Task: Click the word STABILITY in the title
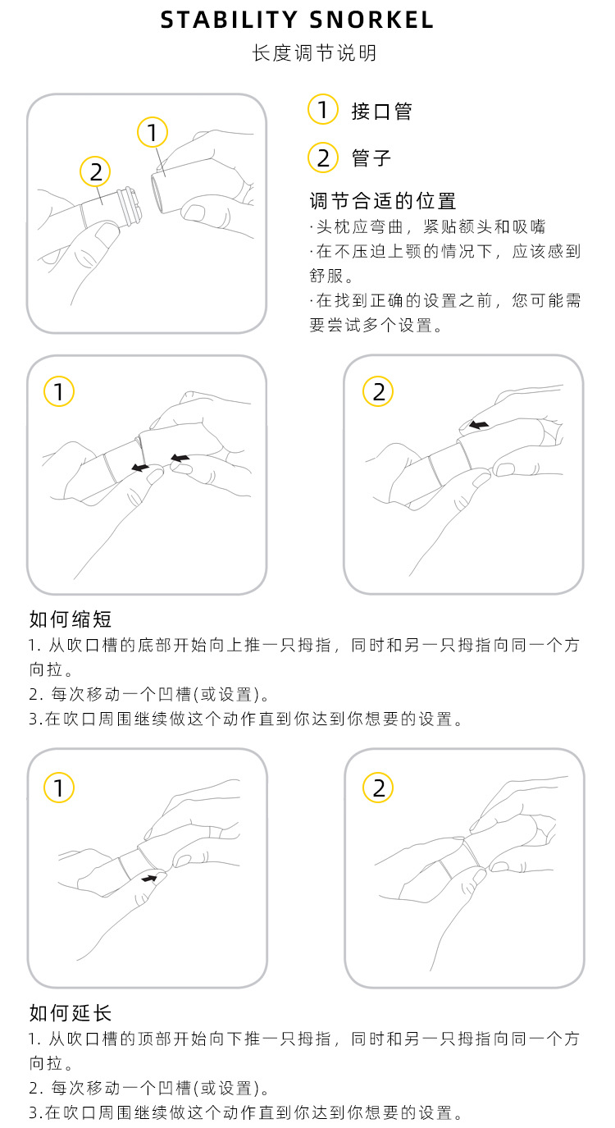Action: pyautogui.click(x=229, y=20)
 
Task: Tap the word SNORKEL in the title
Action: pyautogui.click(x=371, y=20)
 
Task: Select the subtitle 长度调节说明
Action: pyautogui.click(x=315, y=53)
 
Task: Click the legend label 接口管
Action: pyautogui.click(x=381, y=112)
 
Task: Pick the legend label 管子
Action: pyautogui.click(x=371, y=158)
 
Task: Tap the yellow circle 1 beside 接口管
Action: pyautogui.click(x=322, y=109)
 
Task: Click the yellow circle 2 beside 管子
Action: pyautogui.click(x=322, y=158)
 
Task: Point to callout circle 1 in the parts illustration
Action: pyautogui.click(x=153, y=132)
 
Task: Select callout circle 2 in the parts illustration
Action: pyautogui.click(x=95, y=171)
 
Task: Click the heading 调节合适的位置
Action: pyautogui.click(x=383, y=200)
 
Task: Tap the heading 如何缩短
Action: pyautogui.click(x=71, y=619)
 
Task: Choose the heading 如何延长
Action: pyautogui.click(x=71, y=1012)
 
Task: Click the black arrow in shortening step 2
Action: pyautogui.click(x=479, y=425)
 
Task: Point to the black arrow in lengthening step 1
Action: pyautogui.click(x=149, y=879)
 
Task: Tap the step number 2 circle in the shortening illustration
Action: pyautogui.click(x=378, y=391)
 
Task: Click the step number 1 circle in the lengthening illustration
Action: pyautogui.click(x=59, y=788)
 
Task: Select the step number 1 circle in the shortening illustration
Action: pyautogui.click(x=59, y=391)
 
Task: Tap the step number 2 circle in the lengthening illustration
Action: pyautogui.click(x=378, y=788)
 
